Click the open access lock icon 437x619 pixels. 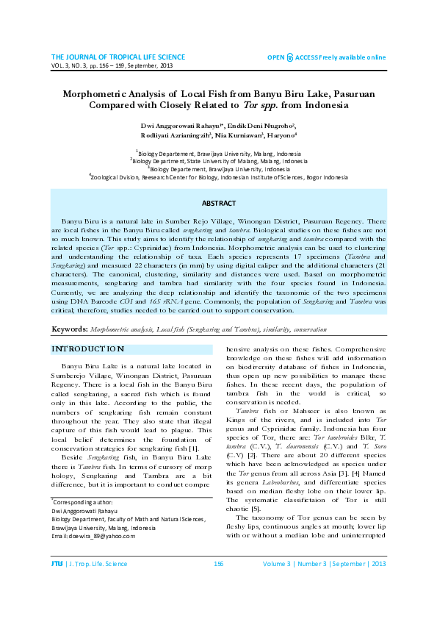pyautogui.click(x=290, y=57)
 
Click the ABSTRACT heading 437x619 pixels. pyautogui.click(x=218, y=203)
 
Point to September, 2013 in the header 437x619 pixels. pyautogui.click(x=152, y=65)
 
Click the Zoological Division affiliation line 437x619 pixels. pyautogui.click(x=218, y=176)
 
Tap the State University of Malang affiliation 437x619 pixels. pyautogui.click(x=218, y=159)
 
